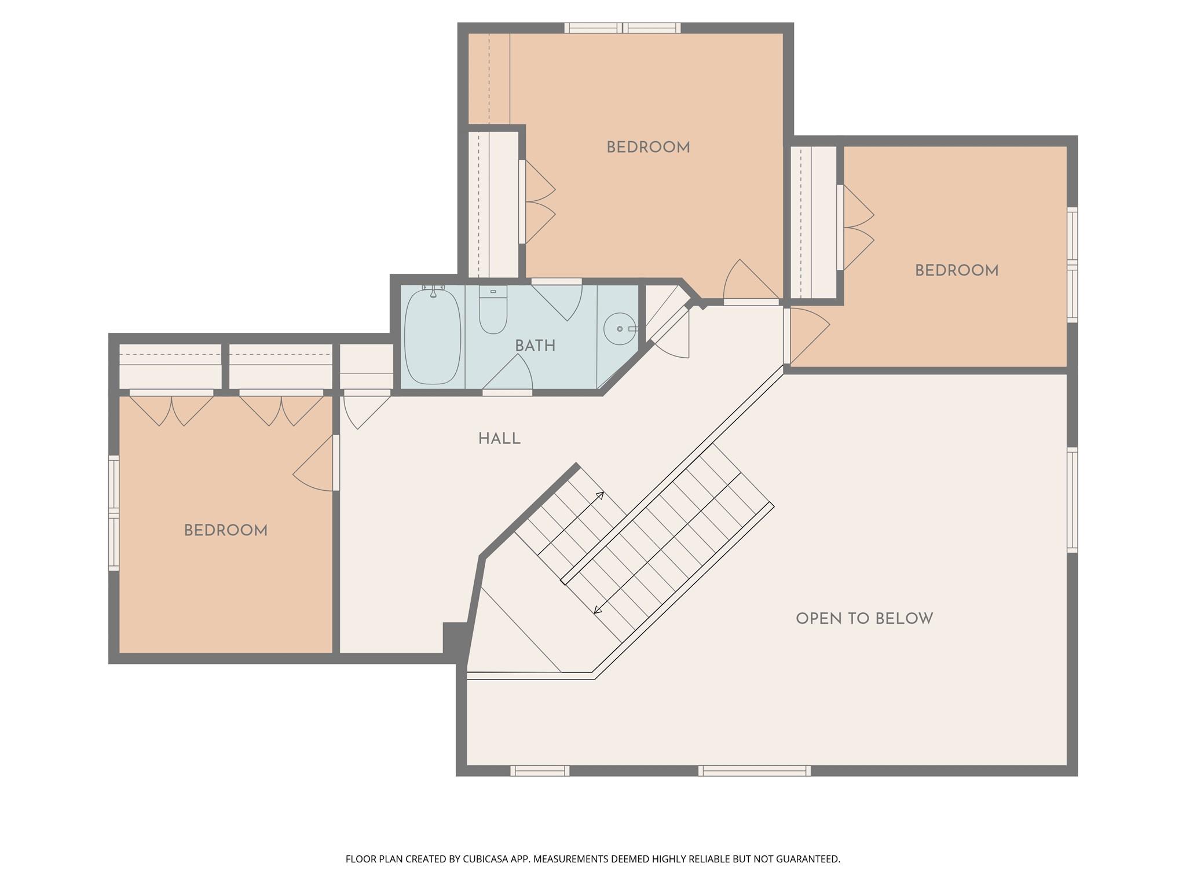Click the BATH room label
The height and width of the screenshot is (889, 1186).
pyautogui.click(x=535, y=346)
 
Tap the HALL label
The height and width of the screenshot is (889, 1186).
pyautogui.click(x=499, y=439)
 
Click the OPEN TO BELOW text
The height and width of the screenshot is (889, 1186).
pyautogui.click(x=864, y=619)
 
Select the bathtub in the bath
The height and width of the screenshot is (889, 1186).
pyautogui.click(x=433, y=337)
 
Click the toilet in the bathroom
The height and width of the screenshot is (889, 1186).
pyautogui.click(x=493, y=313)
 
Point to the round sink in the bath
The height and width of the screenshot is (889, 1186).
pyautogui.click(x=619, y=329)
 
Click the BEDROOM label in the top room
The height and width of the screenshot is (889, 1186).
pyautogui.click(x=648, y=148)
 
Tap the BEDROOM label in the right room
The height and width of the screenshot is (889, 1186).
pyautogui.click(x=956, y=271)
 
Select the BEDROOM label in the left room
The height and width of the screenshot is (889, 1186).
pyautogui.click(x=225, y=531)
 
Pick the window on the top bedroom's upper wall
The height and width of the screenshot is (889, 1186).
pyautogui.click(x=623, y=28)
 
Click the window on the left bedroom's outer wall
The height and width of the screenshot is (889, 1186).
pyautogui.click(x=114, y=513)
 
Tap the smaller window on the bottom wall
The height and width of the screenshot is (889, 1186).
pyautogui.click(x=540, y=770)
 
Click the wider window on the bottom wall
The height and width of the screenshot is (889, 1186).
pyautogui.click(x=754, y=770)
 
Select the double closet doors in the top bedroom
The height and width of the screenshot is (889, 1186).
pyautogui.click(x=539, y=201)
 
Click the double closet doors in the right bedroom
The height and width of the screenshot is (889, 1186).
pyautogui.click(x=857, y=227)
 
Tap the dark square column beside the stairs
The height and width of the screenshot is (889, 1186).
pyautogui.click(x=455, y=637)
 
